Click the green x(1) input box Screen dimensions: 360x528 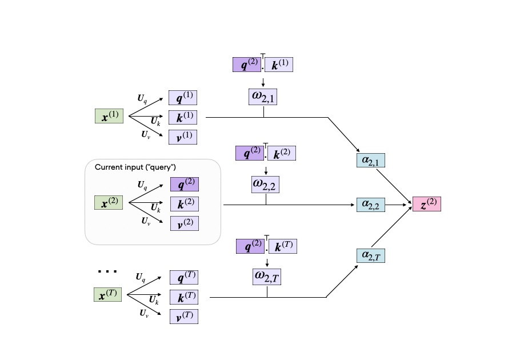109,117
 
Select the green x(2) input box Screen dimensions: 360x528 109,203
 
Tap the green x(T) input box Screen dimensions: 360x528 107,295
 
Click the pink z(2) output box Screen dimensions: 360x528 426,205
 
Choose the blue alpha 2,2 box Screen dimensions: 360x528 370,205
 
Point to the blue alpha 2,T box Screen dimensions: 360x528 370,255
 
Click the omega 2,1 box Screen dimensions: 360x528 263,97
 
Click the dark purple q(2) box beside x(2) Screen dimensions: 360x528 184,184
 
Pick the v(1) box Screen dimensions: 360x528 183,137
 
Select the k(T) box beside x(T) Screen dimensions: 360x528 183,297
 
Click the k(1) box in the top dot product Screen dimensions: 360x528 279,65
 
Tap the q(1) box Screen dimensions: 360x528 183,97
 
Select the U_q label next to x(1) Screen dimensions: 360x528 142,98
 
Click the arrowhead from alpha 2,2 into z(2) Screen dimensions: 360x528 410,205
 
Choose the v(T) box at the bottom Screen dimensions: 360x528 183,317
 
